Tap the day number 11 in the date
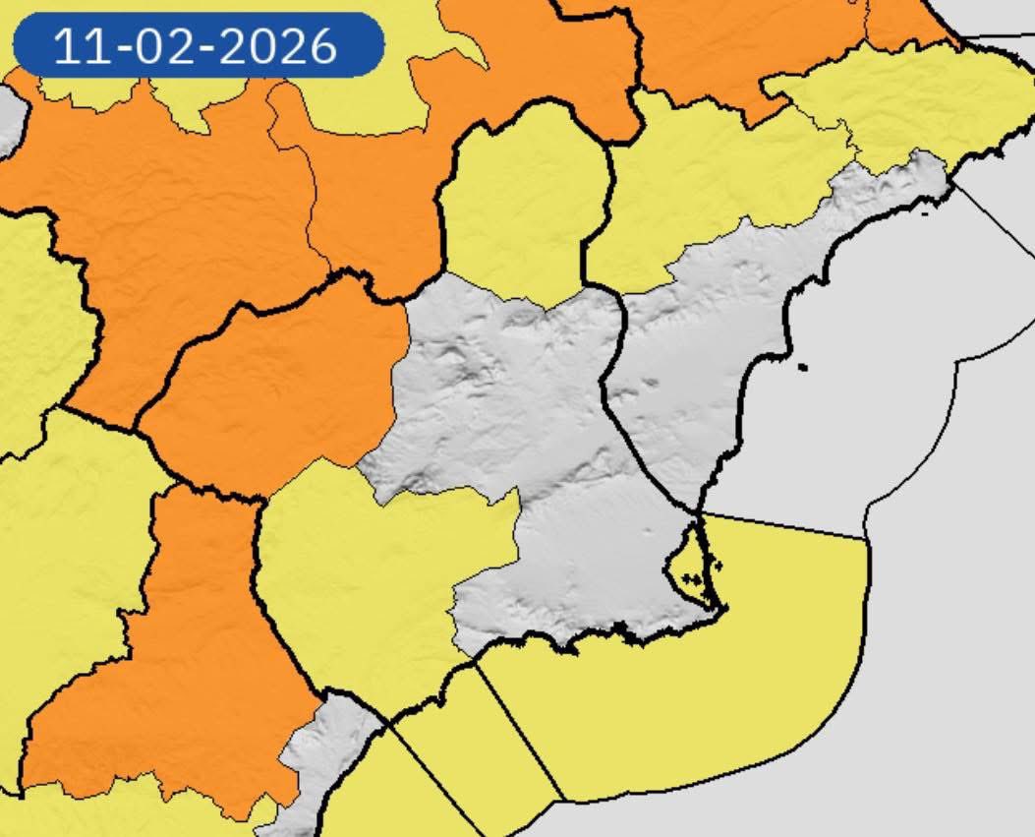(80, 45)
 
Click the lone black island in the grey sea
(803, 368)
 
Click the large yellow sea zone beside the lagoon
(747, 669)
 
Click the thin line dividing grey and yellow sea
(786, 525)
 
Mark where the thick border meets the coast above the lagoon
(698, 513)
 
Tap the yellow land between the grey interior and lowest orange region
(364, 580)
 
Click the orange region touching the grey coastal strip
(197, 669)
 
